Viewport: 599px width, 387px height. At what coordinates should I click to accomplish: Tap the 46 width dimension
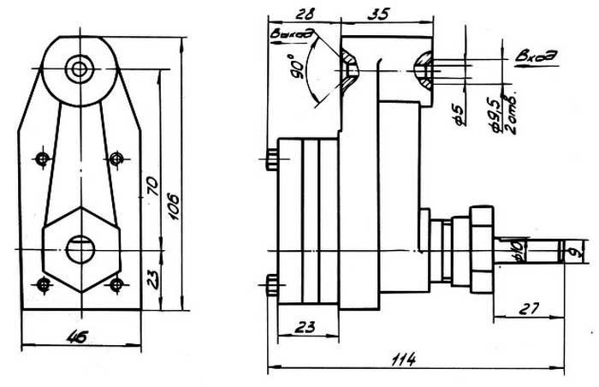81,335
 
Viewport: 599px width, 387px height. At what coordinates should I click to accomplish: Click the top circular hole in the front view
80,67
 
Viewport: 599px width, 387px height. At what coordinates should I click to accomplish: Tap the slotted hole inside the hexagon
81,247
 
